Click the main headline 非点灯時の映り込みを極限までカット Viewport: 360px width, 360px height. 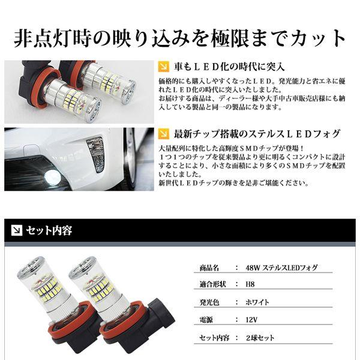pyautogui.click(x=180, y=37)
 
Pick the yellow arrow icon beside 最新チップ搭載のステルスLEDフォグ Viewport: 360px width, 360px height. pyautogui.click(x=163, y=133)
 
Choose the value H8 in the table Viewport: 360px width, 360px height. pyautogui.click(x=251, y=285)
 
